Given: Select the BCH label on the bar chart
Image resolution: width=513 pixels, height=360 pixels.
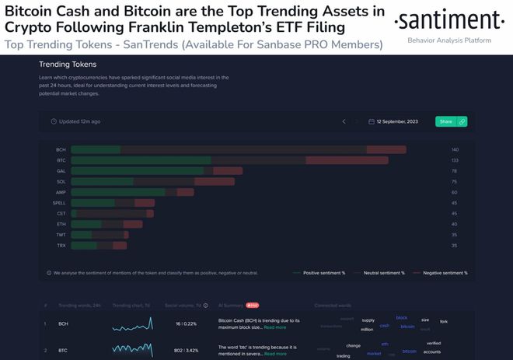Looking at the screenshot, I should [x=61, y=149].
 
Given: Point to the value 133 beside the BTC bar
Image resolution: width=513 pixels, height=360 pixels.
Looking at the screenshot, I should [x=455, y=160].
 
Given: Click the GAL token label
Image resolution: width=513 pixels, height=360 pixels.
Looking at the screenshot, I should [x=61, y=170].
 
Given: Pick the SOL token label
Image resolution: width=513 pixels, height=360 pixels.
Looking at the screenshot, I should [x=61, y=181].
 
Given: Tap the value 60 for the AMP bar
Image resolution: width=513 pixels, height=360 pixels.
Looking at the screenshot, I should [x=455, y=192].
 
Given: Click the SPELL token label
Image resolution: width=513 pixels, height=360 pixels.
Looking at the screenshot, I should [x=59, y=202].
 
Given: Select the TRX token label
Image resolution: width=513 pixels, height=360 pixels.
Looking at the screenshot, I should [x=61, y=245].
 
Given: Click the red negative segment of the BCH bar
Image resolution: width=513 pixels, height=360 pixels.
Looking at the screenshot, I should [x=386, y=149].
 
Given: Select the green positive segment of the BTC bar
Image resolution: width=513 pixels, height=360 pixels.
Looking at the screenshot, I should [x=141, y=160].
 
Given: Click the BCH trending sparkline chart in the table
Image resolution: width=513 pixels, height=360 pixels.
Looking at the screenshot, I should [x=132, y=323].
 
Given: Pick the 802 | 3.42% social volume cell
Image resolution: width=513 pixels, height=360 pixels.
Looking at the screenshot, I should [x=187, y=351].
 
